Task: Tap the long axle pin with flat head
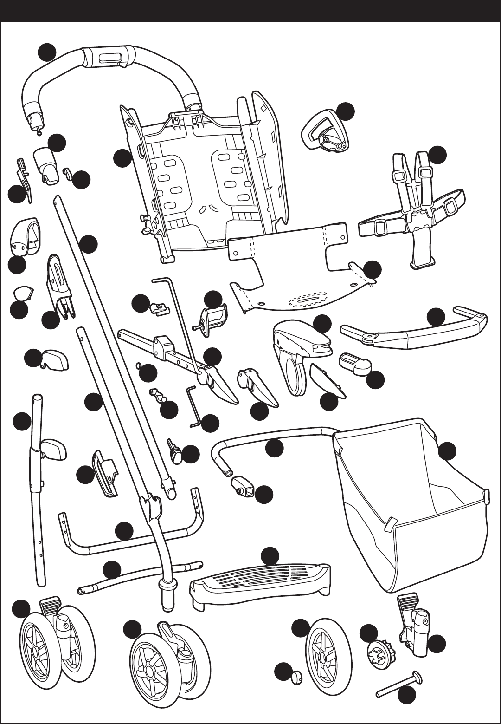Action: pos(399,683)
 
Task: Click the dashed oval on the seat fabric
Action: pos(308,300)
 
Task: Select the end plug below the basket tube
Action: pos(243,485)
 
